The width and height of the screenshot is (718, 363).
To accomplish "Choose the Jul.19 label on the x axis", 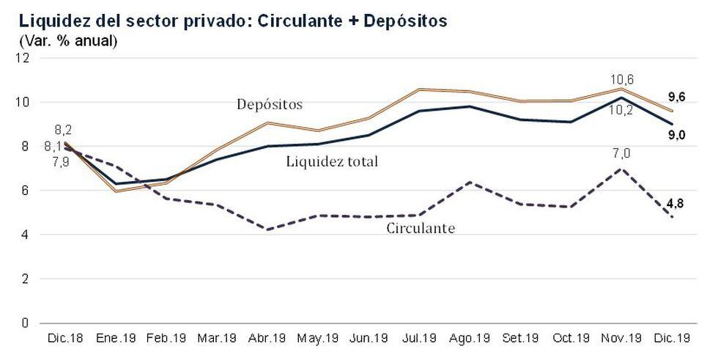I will pos(419,340).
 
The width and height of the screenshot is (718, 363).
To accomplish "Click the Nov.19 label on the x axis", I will pos(622,340).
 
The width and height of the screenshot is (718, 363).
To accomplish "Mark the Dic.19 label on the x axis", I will pos(673,340).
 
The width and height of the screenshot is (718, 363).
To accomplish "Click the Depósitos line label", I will pos(269,104).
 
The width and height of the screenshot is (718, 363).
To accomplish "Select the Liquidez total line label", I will pos(331,161).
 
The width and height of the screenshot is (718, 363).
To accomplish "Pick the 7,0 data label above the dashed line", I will pos(621,153).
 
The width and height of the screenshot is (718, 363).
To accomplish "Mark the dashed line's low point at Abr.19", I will pos(269,230).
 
